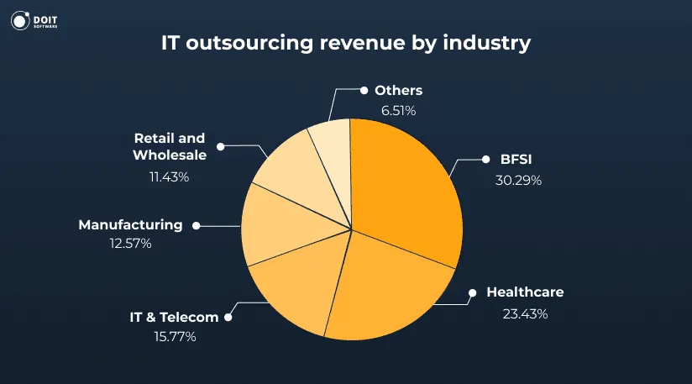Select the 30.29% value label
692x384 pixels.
[518, 180]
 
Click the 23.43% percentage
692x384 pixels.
[524, 314]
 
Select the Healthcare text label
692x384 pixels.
[525, 292]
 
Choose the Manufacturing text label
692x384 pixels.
[130, 224]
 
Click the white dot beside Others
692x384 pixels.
[364, 89]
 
